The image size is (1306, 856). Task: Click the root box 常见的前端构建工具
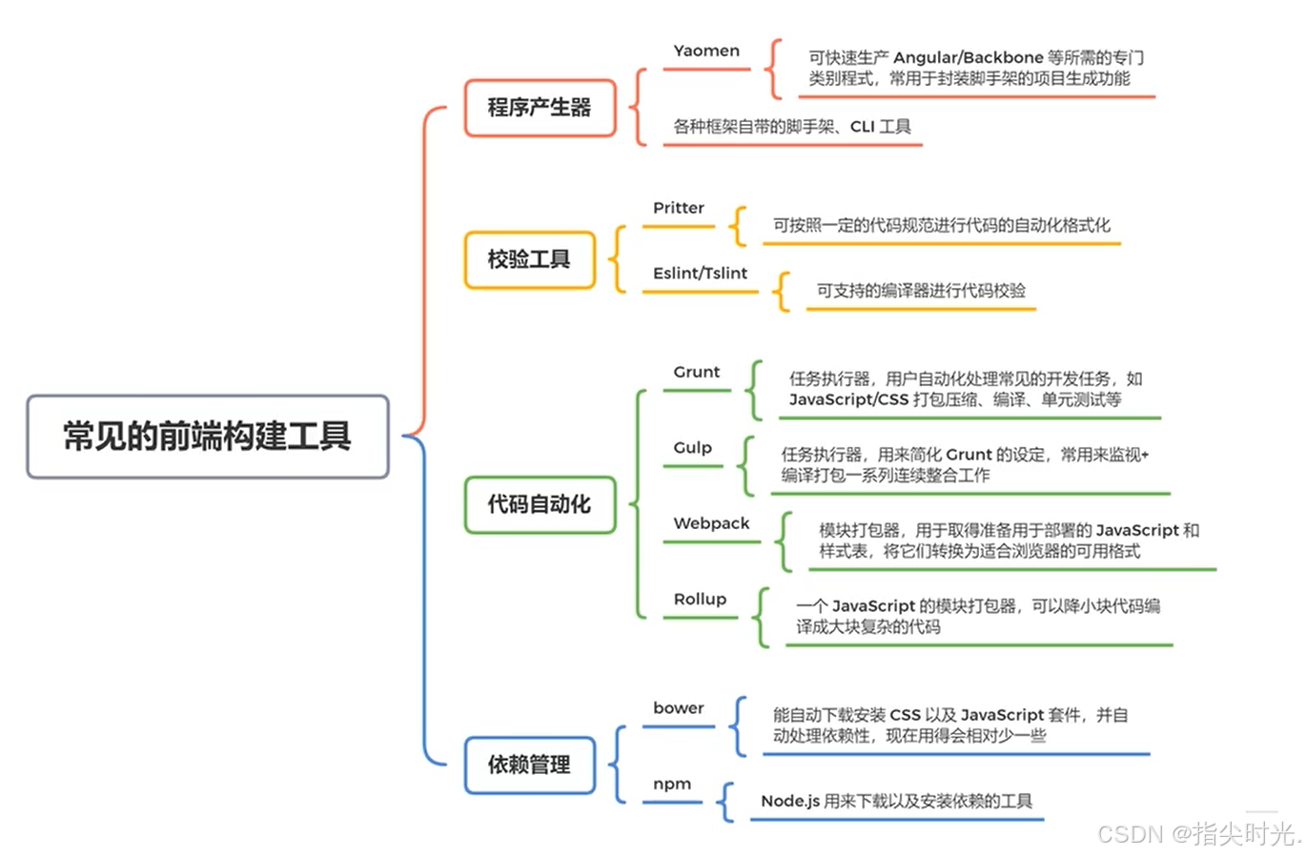[207, 437]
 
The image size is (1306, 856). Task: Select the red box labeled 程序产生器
[540, 108]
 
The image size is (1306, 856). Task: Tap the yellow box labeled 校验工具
[529, 259]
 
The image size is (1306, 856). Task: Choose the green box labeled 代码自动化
[540, 504]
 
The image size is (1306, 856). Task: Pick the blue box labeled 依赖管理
[529, 764]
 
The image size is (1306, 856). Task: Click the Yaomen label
[706, 51]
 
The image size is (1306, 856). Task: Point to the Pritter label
[679, 208]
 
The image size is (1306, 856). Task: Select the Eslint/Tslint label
[700, 274]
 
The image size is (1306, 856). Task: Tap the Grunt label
[697, 372]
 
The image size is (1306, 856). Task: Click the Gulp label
[693, 448]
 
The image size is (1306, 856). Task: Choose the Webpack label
[711, 523]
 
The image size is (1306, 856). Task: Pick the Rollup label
[700, 600]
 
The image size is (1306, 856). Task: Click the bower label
[679, 708]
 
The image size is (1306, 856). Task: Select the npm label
[672, 784]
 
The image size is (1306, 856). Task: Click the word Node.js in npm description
[790, 802]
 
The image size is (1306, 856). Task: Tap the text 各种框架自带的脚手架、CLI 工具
[792, 127]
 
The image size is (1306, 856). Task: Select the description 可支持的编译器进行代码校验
[921, 291]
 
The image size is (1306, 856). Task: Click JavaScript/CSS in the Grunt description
[848, 400]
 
